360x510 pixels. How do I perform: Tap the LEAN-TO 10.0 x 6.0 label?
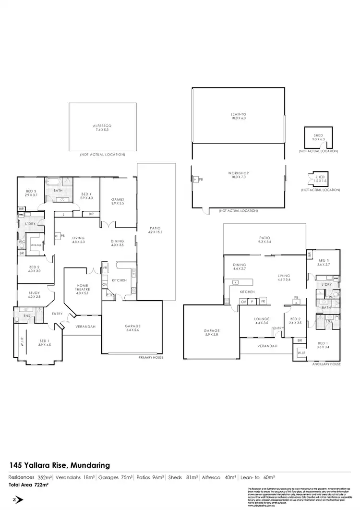pyautogui.click(x=238, y=116)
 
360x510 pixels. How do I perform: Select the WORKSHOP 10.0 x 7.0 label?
pyautogui.click(x=238, y=175)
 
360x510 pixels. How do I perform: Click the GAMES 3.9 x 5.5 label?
pyautogui.click(x=118, y=201)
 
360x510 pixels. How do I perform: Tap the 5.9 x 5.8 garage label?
pyautogui.click(x=211, y=333)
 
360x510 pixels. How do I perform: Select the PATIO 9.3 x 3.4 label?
pyautogui.click(x=265, y=240)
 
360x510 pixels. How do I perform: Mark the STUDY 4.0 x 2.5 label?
pyautogui.click(x=35, y=294)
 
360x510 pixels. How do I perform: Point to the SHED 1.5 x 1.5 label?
pyautogui.click(x=320, y=179)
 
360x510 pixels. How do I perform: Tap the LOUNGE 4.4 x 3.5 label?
pyautogui.click(x=262, y=320)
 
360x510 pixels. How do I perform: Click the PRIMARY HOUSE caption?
pyautogui.click(x=151, y=358)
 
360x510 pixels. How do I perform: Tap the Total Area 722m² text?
pyautogui.click(x=29, y=485)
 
